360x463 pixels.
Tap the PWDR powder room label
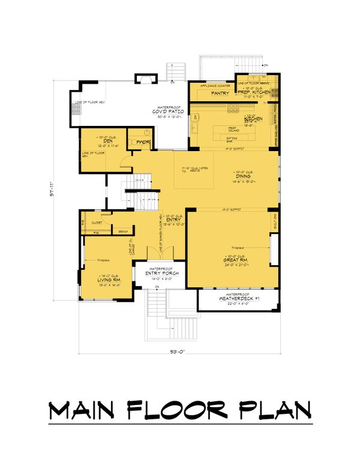coord(142,142)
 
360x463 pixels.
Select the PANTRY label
coord(206,94)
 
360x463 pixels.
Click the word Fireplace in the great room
coord(238,246)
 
